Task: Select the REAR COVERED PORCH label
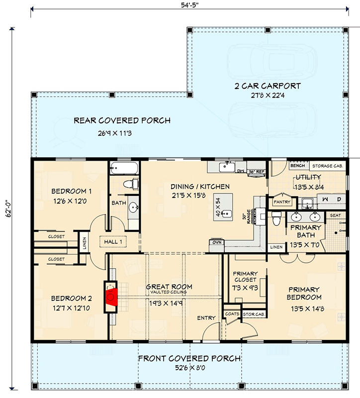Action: (122, 120)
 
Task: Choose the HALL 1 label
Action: (113, 242)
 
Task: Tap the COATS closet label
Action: (232, 314)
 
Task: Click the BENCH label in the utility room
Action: (297, 166)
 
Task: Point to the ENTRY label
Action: (206, 317)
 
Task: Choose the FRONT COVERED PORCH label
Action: (189, 359)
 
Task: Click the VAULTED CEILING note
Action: (169, 292)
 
